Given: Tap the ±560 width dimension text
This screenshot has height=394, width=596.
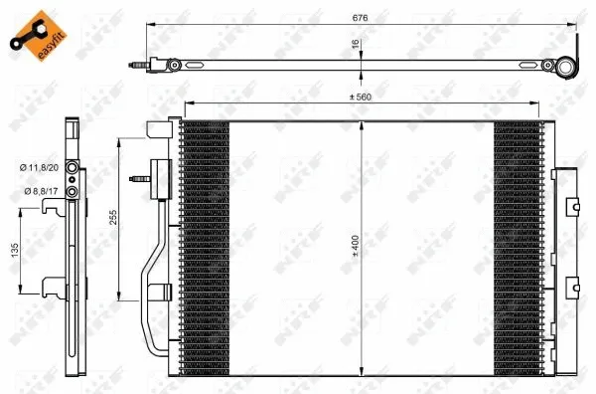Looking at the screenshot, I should click(361, 97).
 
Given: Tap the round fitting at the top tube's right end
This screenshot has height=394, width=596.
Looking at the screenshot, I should click(566, 68).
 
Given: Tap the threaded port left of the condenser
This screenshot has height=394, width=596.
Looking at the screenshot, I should click(139, 180).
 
